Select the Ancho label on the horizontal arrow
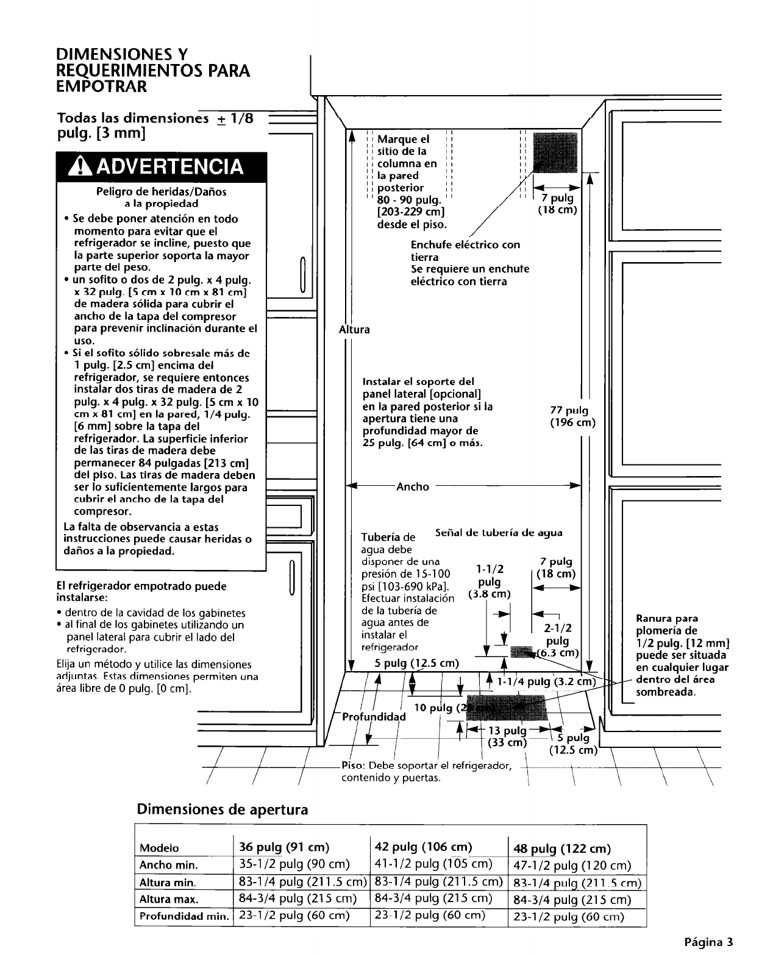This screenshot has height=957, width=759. (413, 486)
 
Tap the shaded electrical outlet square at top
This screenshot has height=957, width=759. (555, 153)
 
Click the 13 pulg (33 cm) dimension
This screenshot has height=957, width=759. (507, 737)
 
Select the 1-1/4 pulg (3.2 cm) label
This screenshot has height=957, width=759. (545, 681)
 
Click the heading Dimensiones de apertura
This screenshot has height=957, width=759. (223, 809)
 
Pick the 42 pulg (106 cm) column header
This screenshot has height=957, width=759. (424, 847)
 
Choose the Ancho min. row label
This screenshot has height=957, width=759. (169, 865)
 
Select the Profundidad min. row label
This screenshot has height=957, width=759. (184, 916)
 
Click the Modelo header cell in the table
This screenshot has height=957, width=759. (159, 848)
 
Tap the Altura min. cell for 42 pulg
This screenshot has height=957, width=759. (438, 881)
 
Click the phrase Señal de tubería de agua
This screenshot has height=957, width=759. (499, 533)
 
